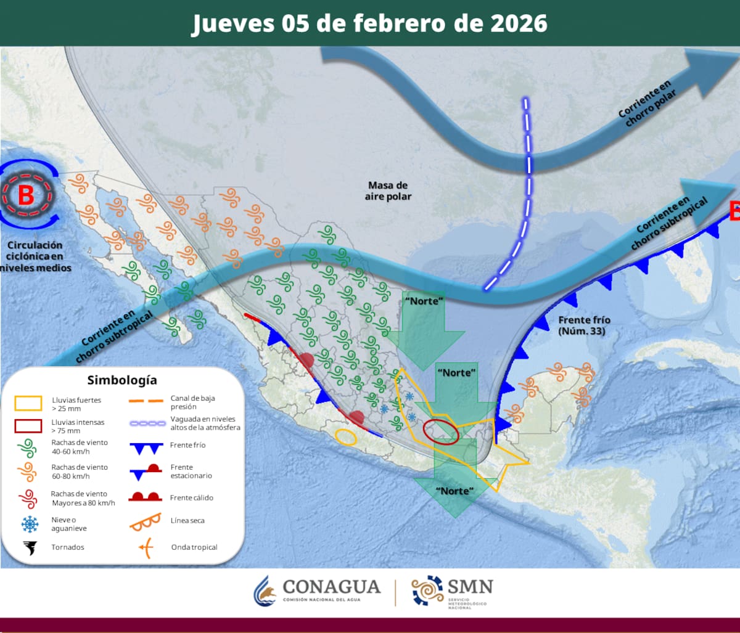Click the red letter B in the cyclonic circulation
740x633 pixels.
pos(27,195)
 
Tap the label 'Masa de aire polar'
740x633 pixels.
pos(388,190)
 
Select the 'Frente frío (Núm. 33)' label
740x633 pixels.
pos(583,325)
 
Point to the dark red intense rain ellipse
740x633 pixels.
pos(442,431)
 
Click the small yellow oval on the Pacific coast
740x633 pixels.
pos(346,436)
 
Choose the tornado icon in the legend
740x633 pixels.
pos(29,547)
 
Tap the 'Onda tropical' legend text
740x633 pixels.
pos(194,547)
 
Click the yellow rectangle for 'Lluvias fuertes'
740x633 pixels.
pos(28,404)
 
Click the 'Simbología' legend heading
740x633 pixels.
pos(122,380)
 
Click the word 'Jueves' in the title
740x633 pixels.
pos(233,23)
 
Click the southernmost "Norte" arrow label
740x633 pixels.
pos(454,491)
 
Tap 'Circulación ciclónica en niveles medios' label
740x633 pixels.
pos(35,256)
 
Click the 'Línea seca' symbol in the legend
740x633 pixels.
pos(145,521)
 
